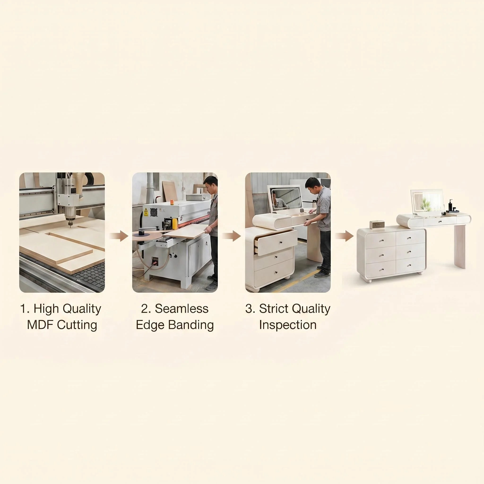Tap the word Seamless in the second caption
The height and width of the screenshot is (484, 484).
182,309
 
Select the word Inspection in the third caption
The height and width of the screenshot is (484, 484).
288,325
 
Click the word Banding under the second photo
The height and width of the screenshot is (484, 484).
191,325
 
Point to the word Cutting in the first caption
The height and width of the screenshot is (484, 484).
77,325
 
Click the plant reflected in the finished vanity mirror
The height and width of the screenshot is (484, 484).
426,203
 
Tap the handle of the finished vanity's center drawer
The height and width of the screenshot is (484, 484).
440,221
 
